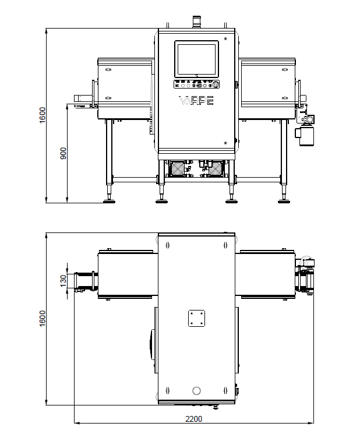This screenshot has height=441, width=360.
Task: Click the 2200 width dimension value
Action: point(193,419)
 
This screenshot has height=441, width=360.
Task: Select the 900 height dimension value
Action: point(63,153)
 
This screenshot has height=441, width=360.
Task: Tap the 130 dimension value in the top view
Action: point(63,281)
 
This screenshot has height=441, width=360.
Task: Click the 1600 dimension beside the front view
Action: point(42,115)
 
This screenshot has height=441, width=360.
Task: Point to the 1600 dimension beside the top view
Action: point(42,319)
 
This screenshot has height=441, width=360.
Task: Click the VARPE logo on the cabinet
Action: point(196,100)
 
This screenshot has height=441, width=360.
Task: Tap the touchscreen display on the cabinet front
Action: point(196,59)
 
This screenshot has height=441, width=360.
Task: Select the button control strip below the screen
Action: point(196,84)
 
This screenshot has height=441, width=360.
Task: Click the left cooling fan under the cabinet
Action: point(178,169)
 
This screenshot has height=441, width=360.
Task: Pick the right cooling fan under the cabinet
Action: point(216,169)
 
